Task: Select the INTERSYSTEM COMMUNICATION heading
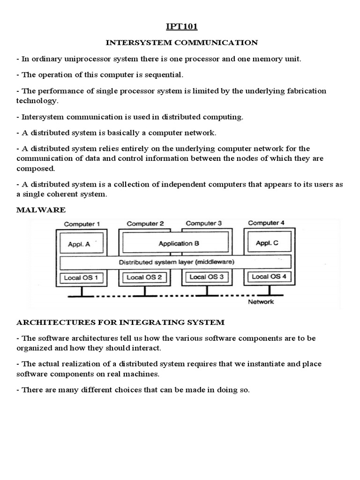pyautogui.click(x=181, y=43)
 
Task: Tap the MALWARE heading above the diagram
pyautogui.click(x=41, y=210)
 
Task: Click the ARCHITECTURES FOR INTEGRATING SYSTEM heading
pyautogui.click(x=120, y=322)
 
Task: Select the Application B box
pyautogui.click(x=175, y=243)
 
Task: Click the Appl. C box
pyautogui.click(x=267, y=243)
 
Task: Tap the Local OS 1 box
pyautogui.click(x=81, y=277)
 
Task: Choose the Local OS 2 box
pyautogui.click(x=144, y=277)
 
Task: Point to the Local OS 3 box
pyautogui.click(x=207, y=277)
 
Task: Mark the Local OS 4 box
pyautogui.click(x=269, y=277)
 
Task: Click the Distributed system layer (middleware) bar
pyautogui.click(x=176, y=262)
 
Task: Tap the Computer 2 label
pyautogui.click(x=145, y=224)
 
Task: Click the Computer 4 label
pyautogui.click(x=266, y=223)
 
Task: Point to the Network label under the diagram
pyautogui.click(x=261, y=302)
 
